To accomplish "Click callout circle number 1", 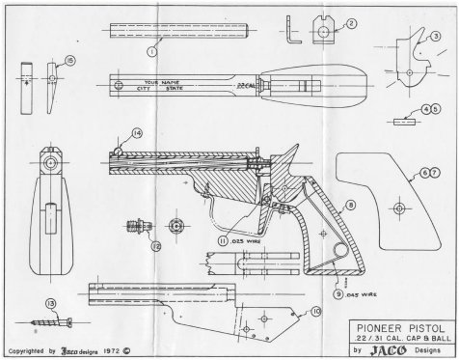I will click(x=152, y=47).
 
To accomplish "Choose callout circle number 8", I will click(x=350, y=205).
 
